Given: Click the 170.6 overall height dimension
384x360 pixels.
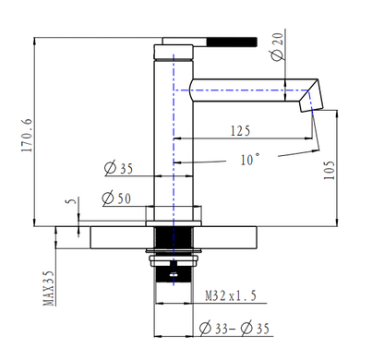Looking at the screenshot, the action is tap(27, 135).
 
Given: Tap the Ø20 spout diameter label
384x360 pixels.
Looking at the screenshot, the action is tap(277, 47).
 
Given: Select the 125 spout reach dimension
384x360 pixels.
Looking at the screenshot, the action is tap(240, 131).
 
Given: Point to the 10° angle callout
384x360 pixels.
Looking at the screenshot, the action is tap(249, 160).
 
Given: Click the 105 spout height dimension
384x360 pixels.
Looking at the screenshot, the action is tap(329, 170).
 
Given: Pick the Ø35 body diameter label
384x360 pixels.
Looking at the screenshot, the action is tap(119, 168).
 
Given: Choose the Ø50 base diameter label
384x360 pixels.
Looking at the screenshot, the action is tap(116, 198).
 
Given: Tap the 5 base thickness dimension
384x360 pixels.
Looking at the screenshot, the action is tap(71, 201).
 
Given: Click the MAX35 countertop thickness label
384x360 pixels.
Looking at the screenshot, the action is tap(48, 288).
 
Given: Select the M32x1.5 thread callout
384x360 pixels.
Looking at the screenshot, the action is tap(231, 296).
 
